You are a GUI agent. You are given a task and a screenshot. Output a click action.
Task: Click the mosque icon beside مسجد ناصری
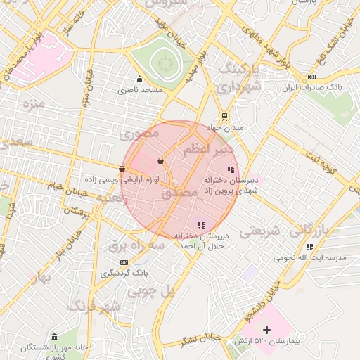coord(139,79)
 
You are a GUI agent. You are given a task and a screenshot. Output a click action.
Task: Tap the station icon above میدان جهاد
coord(224,117)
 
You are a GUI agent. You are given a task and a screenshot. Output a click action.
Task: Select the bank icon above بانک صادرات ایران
coord(312,77)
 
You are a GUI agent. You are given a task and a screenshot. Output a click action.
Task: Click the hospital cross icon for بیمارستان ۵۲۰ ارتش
coord(266,330)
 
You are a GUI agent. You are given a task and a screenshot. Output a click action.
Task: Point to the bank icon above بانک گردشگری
coord(124,262)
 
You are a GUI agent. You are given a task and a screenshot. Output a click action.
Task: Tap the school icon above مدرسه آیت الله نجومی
coord(309,247)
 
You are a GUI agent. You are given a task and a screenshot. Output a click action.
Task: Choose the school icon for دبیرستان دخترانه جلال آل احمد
coord(201,225)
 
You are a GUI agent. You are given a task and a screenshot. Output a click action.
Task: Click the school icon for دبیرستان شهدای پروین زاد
coord(230,169)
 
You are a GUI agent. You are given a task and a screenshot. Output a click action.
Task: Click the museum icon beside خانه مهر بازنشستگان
coord(55,336)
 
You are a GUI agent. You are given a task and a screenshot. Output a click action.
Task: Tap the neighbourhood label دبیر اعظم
coord(208,150)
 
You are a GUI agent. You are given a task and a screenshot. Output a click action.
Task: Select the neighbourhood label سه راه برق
coord(136,245)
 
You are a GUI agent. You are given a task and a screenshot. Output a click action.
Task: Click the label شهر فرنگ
coord(95,307)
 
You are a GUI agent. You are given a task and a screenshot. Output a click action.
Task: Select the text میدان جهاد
coord(224,129)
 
